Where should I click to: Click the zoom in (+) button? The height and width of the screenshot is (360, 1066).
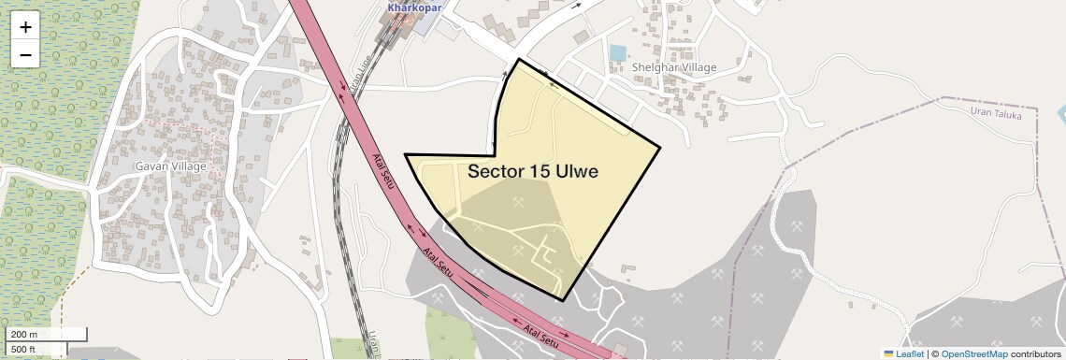[x=25, y=27]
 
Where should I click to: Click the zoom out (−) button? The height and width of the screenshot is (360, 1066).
[x=25, y=55]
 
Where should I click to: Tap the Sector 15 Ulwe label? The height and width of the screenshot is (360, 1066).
[x=532, y=172]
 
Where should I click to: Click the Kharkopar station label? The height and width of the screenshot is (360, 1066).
[x=414, y=7]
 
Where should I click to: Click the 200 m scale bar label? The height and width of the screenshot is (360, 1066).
[x=24, y=335]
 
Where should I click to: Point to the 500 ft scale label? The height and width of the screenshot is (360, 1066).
[x=24, y=350]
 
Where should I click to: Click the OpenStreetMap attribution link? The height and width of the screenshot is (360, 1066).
[x=973, y=353]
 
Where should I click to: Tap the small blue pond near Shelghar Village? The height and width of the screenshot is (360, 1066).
[x=617, y=53]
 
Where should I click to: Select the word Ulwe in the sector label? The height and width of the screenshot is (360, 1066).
[x=576, y=172]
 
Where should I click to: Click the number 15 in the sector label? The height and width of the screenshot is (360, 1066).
[x=540, y=172]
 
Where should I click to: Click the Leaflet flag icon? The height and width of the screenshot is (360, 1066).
[x=888, y=353]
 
